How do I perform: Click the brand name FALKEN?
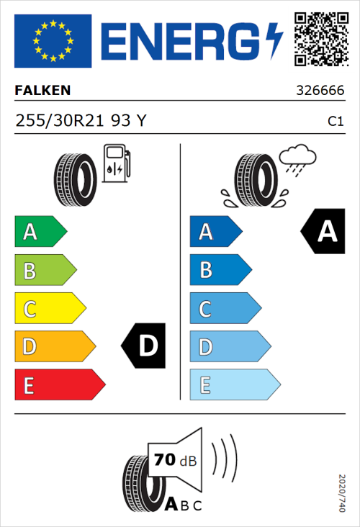pos(43,91)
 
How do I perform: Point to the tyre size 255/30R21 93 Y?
pos(81,121)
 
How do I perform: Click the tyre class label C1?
pos(335,122)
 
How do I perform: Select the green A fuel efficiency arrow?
pos(40,232)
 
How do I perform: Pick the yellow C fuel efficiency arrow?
pos(49,309)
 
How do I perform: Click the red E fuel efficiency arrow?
pos(58,385)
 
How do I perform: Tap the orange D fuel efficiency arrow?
pos(54,347)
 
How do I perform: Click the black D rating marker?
pos(145,346)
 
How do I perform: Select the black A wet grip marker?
pos(321,232)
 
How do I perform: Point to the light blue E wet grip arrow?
pos(234,385)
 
